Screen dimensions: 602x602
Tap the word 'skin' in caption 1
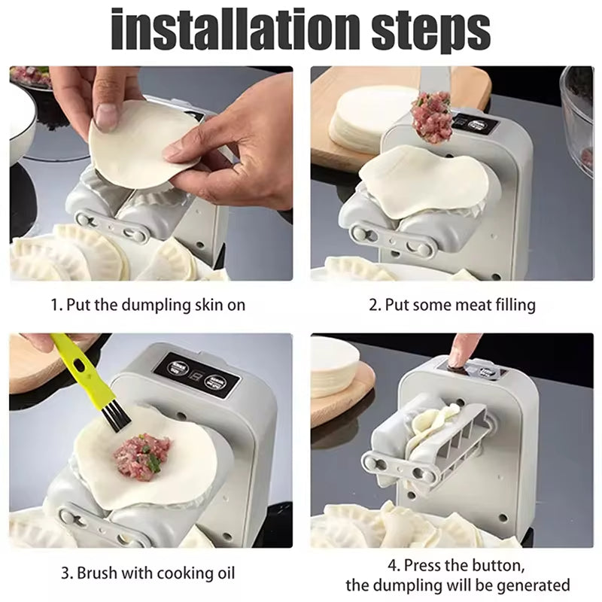pyautogui.click(x=208, y=305)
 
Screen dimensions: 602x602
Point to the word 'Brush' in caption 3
pyautogui.click(x=98, y=573)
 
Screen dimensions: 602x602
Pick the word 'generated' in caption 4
pyautogui.click(x=534, y=586)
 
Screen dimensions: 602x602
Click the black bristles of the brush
pyautogui.click(x=116, y=419)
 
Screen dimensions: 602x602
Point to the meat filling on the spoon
pyautogui.click(x=431, y=119)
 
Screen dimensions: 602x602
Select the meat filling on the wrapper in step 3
pyautogui.click(x=142, y=453)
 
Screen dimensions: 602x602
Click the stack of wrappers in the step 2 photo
pyautogui.click(x=365, y=117)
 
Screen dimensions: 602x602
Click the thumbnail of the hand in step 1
pyautogui.click(x=105, y=115)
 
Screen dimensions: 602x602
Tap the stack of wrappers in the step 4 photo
pyautogui.click(x=334, y=369)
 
